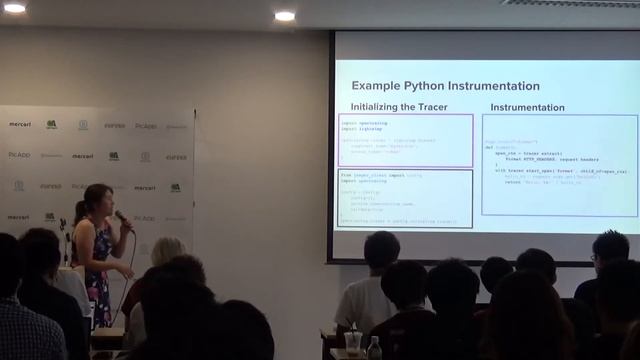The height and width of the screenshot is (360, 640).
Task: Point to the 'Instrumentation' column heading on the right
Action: tap(527, 106)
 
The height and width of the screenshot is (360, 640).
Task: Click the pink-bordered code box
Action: tap(405, 140)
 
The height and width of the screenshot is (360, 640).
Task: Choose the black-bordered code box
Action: tap(405, 198)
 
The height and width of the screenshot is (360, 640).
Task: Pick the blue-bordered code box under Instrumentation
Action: tap(559, 164)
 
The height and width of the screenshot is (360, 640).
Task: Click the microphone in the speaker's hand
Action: tap(121, 217)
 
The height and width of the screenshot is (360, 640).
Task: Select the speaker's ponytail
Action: tap(80, 212)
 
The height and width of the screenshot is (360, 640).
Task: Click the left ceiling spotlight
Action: tap(15, 8)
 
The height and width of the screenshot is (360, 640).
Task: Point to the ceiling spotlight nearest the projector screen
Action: tap(285, 16)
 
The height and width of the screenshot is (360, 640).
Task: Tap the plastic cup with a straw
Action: tap(353, 341)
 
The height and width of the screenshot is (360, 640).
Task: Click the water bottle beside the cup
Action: tap(374, 348)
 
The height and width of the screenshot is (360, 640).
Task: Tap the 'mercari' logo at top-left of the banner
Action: tap(20, 124)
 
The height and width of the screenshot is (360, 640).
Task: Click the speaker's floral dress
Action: tap(99, 265)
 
